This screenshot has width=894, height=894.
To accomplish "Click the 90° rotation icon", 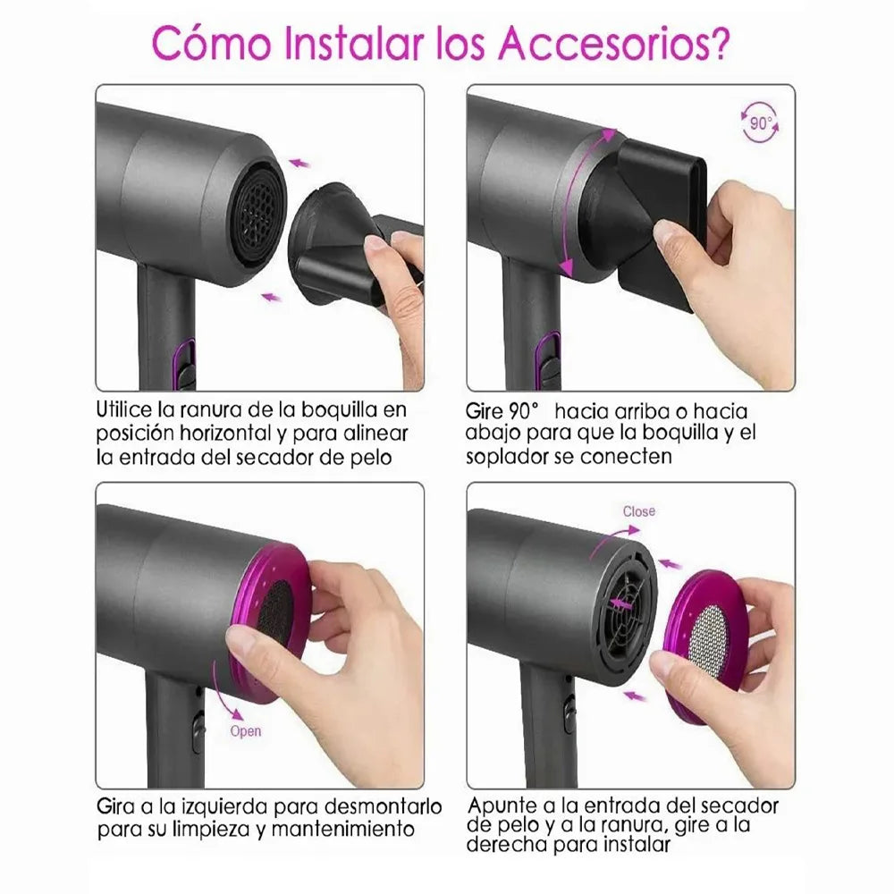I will click(x=760, y=123).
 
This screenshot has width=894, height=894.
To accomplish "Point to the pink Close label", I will click(x=639, y=511).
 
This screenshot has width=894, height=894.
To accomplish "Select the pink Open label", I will click(x=246, y=730).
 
